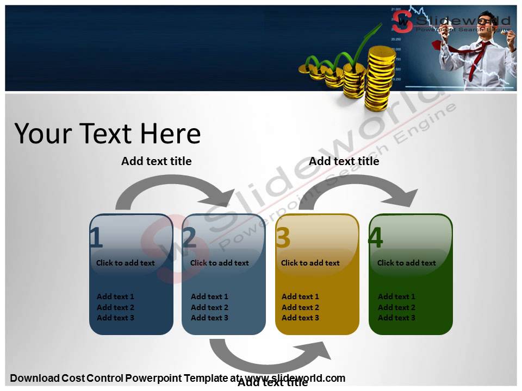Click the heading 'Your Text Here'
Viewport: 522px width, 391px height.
pyautogui.click(x=108, y=134)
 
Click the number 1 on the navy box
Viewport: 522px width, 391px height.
pyautogui.click(x=96, y=238)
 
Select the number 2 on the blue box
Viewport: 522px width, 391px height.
pyautogui.click(x=189, y=238)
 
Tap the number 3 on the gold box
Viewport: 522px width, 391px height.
pyautogui.click(x=283, y=238)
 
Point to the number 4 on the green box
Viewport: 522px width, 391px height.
pyautogui.click(x=376, y=238)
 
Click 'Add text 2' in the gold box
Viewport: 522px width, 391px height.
pyautogui.click(x=300, y=307)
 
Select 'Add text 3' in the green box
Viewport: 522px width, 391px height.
pyautogui.click(x=396, y=318)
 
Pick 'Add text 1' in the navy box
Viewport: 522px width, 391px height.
pyautogui.click(x=115, y=297)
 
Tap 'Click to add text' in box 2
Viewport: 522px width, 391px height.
pyautogui.click(x=219, y=263)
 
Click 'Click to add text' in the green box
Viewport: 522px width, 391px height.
pyautogui.click(x=406, y=263)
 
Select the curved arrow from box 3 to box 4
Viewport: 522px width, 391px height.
pyautogui.click(x=359, y=187)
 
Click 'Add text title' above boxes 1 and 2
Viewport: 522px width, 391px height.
pyautogui.click(x=156, y=161)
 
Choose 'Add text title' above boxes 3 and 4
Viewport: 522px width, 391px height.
pyautogui.click(x=344, y=161)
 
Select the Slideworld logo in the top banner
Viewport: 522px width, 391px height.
pyautogui.click(x=451, y=23)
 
